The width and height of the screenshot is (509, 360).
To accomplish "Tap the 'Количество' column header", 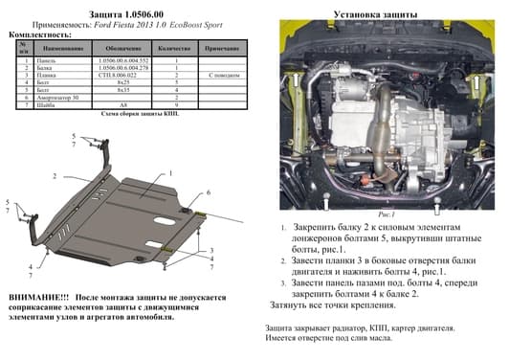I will tap(175, 47).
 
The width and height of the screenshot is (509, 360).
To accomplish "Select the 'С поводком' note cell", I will tap(222, 75).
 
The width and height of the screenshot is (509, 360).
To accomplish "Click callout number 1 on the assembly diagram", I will tap(169, 174).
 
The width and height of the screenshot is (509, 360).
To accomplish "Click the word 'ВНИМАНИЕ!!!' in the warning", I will tap(36, 299).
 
